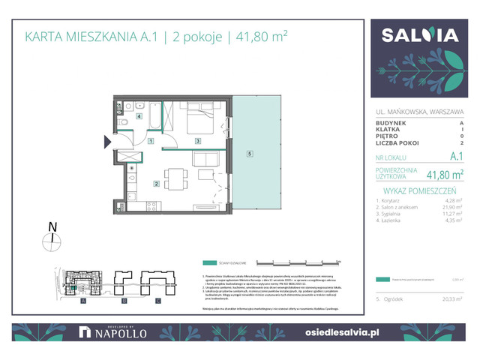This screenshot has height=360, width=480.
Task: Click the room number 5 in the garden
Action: point(248,155)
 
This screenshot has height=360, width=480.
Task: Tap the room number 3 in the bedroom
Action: point(197,141)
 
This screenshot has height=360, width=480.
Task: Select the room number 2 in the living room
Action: point(156,183)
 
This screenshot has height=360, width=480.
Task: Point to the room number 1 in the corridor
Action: point(151,141)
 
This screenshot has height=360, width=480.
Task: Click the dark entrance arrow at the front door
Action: point(106,140)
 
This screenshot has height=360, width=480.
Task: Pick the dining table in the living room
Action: point(174,179)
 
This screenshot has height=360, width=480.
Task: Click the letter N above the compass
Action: point(51,226)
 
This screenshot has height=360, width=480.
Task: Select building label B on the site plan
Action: point(121,301)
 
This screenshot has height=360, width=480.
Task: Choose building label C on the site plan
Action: point(157,301)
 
